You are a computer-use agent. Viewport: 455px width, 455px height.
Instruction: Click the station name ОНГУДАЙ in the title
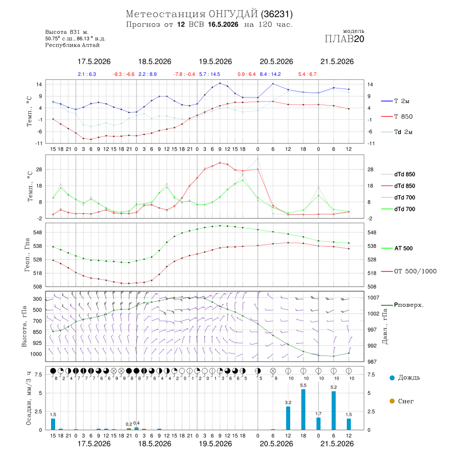(233, 14)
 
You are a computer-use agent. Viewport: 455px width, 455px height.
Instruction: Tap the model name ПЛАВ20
(344, 39)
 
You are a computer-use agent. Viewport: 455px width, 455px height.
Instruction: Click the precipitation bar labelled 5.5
(303, 409)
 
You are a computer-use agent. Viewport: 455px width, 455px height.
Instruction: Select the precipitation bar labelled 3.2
(288, 418)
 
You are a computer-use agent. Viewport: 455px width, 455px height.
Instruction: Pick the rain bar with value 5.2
(334, 411)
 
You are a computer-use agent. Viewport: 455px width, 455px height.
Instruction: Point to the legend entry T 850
(397, 117)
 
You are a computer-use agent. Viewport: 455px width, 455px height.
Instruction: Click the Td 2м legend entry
(397, 132)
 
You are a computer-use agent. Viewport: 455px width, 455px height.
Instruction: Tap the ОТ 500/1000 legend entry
(408, 271)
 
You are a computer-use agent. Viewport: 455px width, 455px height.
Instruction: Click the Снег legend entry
(401, 401)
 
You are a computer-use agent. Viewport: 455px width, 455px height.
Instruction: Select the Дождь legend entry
(405, 378)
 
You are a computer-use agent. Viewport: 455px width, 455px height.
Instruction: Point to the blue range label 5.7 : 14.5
(209, 74)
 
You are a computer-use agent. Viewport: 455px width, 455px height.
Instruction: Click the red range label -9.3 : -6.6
(124, 74)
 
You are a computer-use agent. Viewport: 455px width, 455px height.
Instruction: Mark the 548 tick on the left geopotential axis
(38, 233)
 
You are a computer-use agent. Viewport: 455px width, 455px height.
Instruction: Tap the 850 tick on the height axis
(37, 332)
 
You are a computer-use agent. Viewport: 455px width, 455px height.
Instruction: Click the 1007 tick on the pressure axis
(373, 298)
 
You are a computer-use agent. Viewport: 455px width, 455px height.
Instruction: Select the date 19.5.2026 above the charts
(215, 62)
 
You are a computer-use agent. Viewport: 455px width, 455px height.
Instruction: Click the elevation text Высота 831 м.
(67, 32)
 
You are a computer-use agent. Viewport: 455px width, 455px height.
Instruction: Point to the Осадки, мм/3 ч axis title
(28, 398)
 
